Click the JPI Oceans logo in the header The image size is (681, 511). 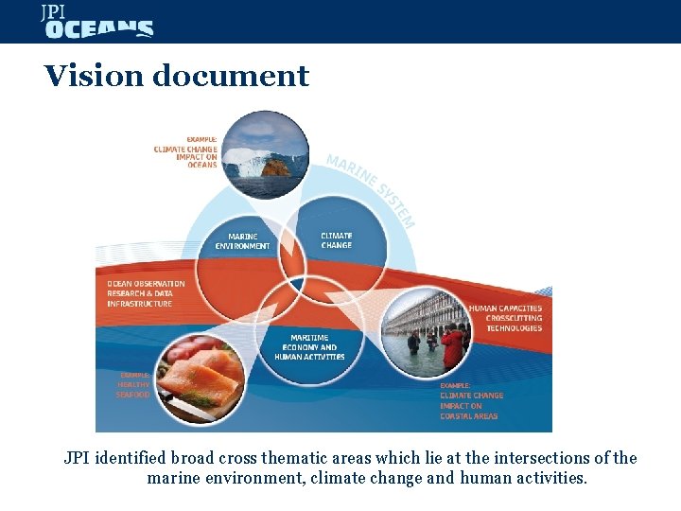(96, 22)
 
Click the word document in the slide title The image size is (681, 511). (232, 76)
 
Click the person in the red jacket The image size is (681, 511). (453, 345)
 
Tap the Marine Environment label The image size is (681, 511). (242, 241)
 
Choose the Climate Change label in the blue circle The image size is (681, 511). (337, 240)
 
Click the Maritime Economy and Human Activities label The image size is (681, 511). (309, 347)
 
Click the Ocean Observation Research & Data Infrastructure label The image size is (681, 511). (146, 293)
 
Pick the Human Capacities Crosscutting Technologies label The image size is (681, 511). (505, 318)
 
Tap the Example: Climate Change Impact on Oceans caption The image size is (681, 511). (186, 152)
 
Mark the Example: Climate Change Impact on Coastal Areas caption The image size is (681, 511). (471, 401)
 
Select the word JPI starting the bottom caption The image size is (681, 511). (78, 458)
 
